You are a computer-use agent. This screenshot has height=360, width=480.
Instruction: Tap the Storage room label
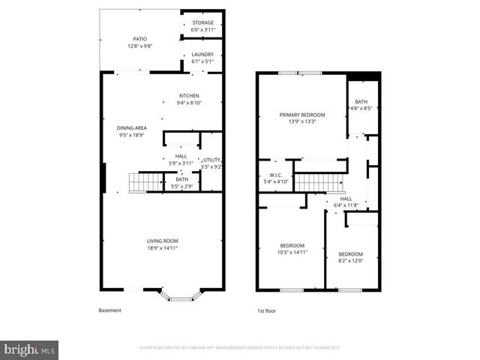click(202, 22)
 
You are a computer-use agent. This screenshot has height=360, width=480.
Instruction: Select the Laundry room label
click(202, 54)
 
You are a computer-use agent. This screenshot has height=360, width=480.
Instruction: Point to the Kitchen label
click(188, 95)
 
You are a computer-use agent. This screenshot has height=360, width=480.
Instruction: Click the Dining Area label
click(131, 127)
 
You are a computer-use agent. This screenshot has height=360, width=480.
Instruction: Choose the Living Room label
click(162, 240)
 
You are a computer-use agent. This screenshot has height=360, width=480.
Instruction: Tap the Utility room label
click(211, 160)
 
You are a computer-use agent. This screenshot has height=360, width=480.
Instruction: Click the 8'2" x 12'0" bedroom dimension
click(350, 262)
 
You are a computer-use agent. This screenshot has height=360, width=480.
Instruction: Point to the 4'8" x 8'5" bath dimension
click(361, 108)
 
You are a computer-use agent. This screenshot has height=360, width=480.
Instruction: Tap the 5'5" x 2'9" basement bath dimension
click(182, 186)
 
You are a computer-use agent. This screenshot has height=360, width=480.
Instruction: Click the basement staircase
click(145, 182)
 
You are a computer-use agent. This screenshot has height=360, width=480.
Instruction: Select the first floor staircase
click(319, 182)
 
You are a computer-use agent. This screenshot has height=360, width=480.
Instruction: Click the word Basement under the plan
click(109, 310)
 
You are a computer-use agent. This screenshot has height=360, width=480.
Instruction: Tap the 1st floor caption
click(266, 310)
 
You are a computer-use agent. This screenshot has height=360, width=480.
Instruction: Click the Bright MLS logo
click(30, 349)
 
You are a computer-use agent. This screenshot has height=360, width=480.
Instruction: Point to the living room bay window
click(180, 295)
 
